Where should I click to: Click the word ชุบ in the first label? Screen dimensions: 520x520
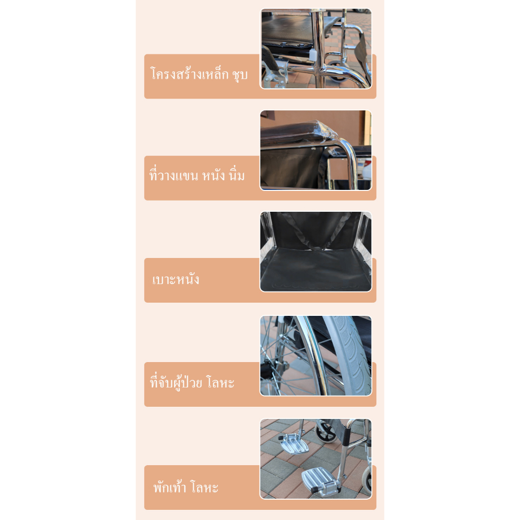(x=240, y=75)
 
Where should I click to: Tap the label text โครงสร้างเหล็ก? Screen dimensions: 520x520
(x=189, y=73)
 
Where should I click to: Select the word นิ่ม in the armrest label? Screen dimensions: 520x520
(x=237, y=175)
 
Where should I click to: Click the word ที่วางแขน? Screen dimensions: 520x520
(x=174, y=175)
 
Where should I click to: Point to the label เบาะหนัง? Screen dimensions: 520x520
(x=176, y=279)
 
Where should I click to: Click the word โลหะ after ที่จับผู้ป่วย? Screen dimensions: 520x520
(x=220, y=382)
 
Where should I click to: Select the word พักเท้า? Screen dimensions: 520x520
(x=170, y=487)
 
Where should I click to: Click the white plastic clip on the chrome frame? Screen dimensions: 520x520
(x=313, y=55)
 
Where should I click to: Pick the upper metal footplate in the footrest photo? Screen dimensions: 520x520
(x=293, y=443)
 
